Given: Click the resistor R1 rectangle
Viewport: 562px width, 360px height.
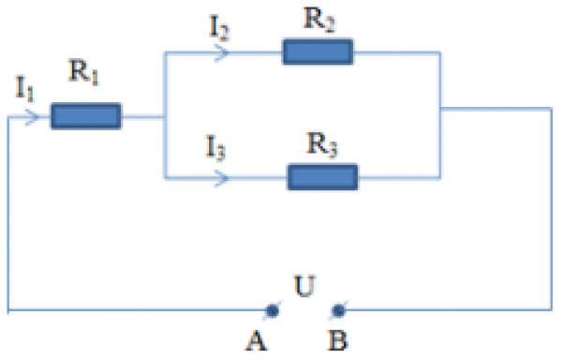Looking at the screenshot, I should click(85, 116).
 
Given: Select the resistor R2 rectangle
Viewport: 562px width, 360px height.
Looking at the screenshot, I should click(318, 52).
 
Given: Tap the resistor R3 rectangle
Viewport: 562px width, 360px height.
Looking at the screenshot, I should click(323, 175).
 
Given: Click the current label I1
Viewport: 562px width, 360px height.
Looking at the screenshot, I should click(25, 90).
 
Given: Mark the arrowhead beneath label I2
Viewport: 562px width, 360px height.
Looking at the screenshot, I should click(223, 53).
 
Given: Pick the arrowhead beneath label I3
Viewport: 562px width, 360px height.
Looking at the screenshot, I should click(222, 176).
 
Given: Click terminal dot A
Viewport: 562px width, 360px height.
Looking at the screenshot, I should click(272, 308).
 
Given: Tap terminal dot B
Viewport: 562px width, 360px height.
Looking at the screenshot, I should click(338, 308).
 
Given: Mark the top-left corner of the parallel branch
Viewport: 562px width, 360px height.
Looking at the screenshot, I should click(164, 53).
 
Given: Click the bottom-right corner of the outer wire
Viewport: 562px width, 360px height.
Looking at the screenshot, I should click(551, 308).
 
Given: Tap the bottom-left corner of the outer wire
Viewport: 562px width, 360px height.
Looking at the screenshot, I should click(8, 308).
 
